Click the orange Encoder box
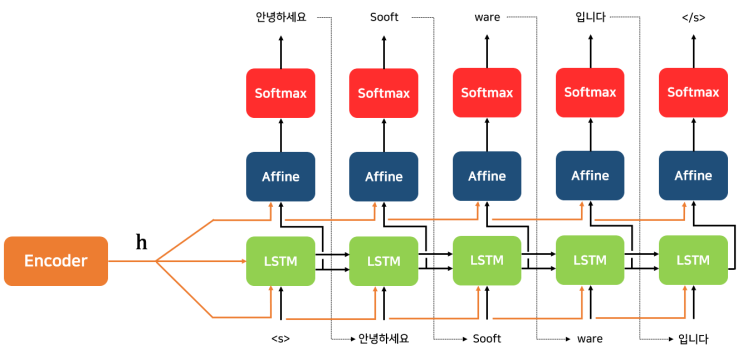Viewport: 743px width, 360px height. pyautogui.click(x=55, y=261)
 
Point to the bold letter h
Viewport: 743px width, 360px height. pyautogui.click(x=142, y=242)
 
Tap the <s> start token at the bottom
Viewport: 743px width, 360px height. pyautogui.click(x=280, y=339)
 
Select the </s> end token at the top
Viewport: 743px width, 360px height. pyautogui.click(x=693, y=17)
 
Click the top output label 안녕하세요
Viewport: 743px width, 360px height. pyautogui.click(x=280, y=17)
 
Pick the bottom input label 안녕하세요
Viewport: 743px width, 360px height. pyautogui.click(x=384, y=339)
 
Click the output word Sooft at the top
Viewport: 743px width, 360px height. pyautogui.click(x=384, y=17)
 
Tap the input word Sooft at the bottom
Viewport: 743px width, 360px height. pyautogui.click(x=487, y=339)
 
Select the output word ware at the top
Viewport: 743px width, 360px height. pyautogui.click(x=487, y=17)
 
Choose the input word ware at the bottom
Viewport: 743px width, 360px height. pyautogui.click(x=590, y=339)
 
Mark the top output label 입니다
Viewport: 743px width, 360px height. pyautogui.click(x=590, y=17)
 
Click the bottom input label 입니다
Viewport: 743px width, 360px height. pyautogui.click(x=693, y=339)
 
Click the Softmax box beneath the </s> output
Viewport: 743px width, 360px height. pyautogui.click(x=693, y=93)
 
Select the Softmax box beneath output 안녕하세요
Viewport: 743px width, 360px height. pyautogui.click(x=280, y=93)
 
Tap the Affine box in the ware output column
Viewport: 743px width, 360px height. pyautogui.click(x=487, y=176)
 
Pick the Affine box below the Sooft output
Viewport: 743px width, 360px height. pyautogui.click(x=384, y=176)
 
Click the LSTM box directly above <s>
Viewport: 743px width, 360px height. pyautogui.click(x=280, y=260)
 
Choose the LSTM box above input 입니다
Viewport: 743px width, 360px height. pyautogui.click(x=693, y=260)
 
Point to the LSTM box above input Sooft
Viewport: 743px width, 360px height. pyautogui.click(x=487, y=260)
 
